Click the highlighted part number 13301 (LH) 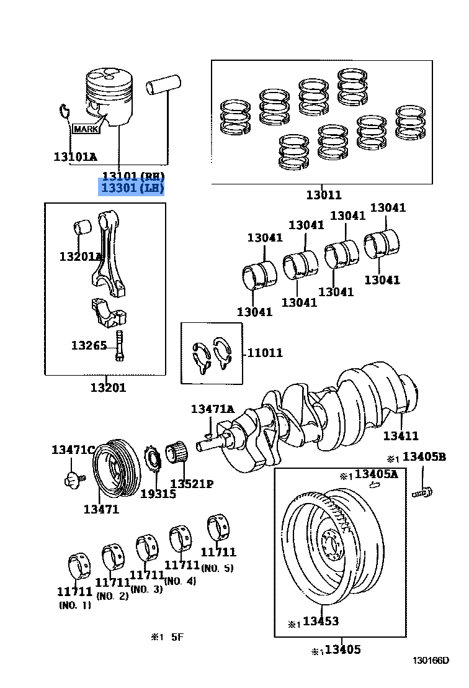click(133, 188)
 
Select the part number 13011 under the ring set click(323, 195)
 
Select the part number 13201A click(81, 256)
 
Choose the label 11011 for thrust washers click(265, 353)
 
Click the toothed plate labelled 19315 click(151, 462)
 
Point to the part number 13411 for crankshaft click(400, 436)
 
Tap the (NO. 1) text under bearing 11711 click(74, 605)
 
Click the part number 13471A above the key click(212, 409)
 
